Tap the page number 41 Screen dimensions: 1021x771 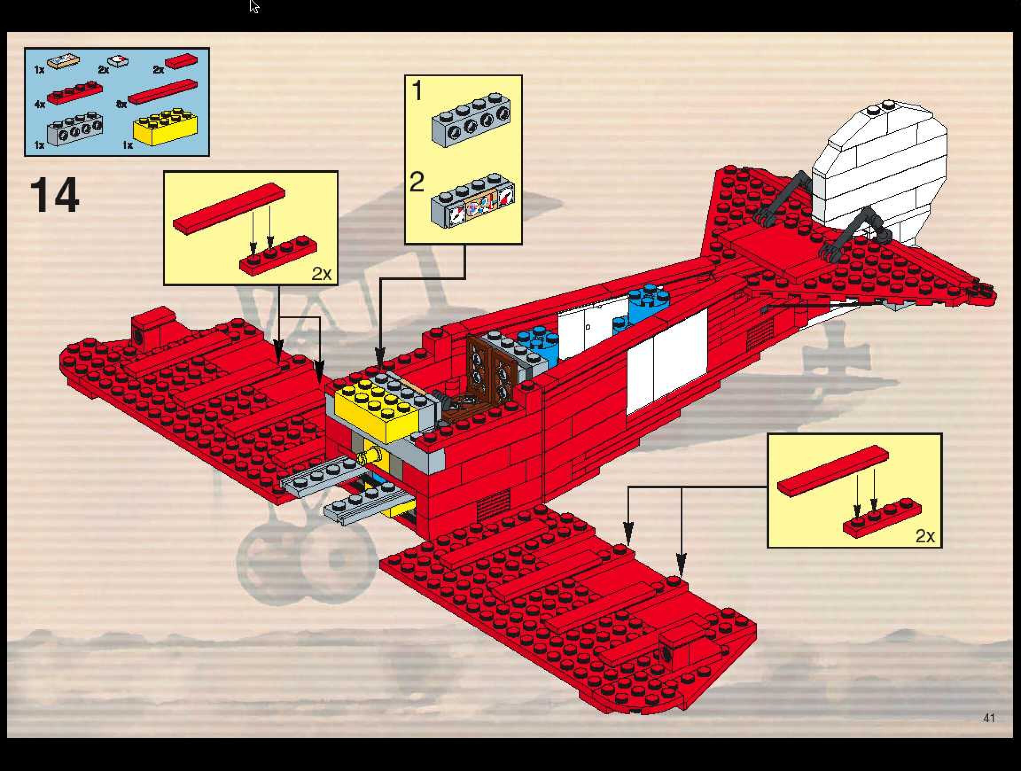click(989, 717)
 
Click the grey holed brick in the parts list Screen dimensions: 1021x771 click(75, 128)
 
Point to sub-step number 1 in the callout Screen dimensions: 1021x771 click(417, 90)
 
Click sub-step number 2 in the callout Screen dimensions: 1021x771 click(417, 182)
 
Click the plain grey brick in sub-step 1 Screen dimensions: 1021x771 click(471, 120)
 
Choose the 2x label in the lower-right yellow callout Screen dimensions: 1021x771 click(925, 536)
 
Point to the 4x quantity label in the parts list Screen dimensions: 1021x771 click(40, 105)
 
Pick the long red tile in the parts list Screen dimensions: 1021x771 click(163, 91)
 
